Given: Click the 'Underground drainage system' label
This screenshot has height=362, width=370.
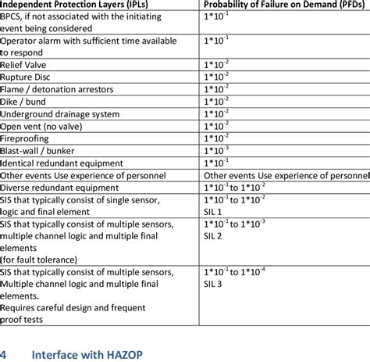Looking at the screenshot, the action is point(60,114).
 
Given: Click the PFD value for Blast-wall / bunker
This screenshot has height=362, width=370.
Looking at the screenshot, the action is point(216,151).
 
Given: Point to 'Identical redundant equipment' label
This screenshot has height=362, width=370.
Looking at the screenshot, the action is point(63,163).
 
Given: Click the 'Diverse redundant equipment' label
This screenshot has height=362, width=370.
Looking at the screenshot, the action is point(60,188).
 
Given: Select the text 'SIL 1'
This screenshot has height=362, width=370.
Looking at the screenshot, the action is point(213,212).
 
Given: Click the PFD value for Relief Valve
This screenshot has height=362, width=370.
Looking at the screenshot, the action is point(216,65).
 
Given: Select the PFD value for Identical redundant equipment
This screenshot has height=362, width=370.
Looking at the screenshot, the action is point(216,163).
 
